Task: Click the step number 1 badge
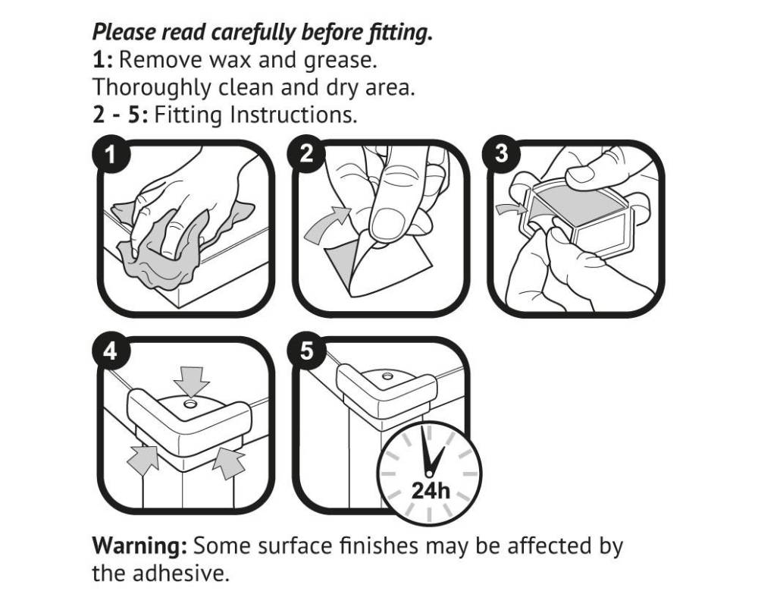pyautogui.click(x=111, y=155)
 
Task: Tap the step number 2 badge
pyautogui.click(x=306, y=155)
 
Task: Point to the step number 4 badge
pyautogui.click(x=111, y=351)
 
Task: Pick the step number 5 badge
pyautogui.click(x=306, y=351)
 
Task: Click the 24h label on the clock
pyautogui.click(x=431, y=491)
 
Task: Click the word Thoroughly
pyautogui.click(x=152, y=88)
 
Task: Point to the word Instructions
pyautogui.click(x=293, y=115)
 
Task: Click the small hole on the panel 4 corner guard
pyautogui.click(x=190, y=403)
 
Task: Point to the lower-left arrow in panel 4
pyautogui.click(x=143, y=459)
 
